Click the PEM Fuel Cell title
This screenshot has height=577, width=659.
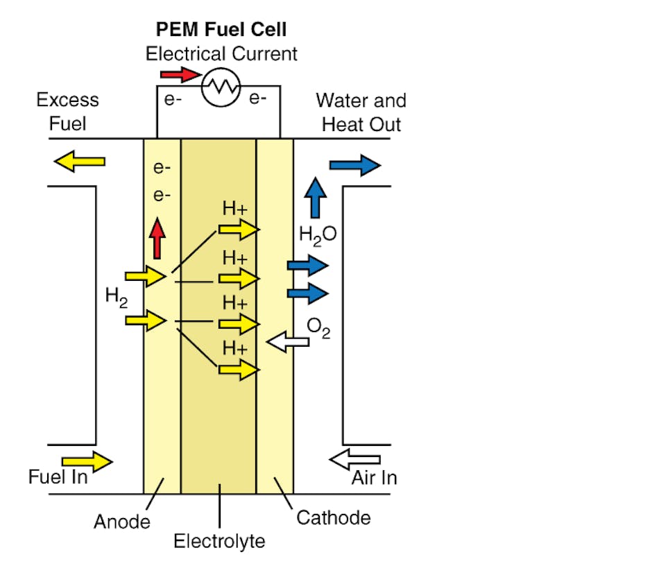221,30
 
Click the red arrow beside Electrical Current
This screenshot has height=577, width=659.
180,74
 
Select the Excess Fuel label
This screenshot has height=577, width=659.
67,112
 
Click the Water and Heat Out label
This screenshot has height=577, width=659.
361,112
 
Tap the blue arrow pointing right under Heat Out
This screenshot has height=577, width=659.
354,165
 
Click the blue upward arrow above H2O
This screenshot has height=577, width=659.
316,198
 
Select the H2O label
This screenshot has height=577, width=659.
318,234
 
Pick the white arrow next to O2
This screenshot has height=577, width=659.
288,341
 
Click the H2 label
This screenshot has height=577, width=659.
116,296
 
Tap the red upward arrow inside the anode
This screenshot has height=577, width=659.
159,239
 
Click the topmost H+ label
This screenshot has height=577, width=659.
234,209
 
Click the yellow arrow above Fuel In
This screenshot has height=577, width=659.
87,460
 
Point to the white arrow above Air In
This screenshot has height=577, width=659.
354,459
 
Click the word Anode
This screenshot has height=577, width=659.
122,522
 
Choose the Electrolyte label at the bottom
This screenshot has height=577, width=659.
219,541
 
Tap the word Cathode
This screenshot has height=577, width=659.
334,517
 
